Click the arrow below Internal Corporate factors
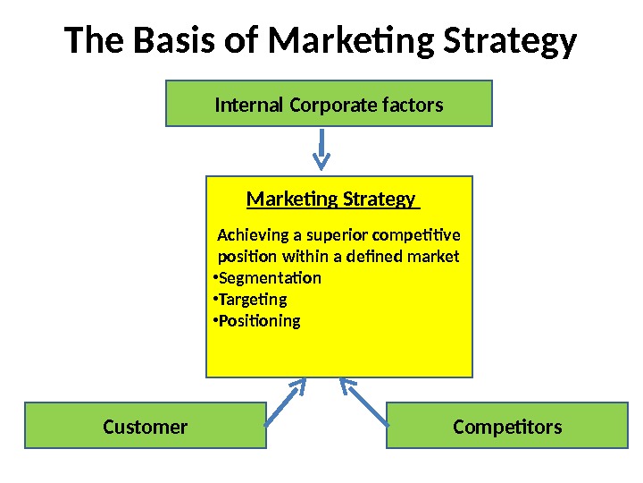(322, 148)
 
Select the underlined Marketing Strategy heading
(330, 199)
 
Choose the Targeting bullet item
(253, 300)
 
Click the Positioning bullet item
(259, 321)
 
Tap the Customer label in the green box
(145, 427)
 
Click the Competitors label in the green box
(507, 427)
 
